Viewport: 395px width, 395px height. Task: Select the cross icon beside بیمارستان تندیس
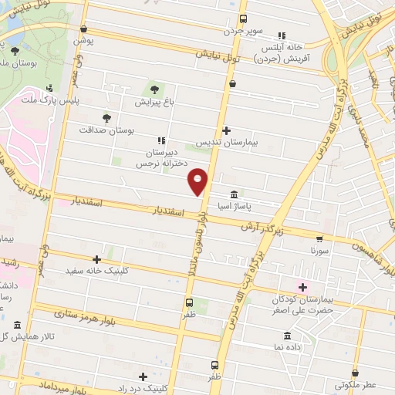pyautogui.click(x=225, y=130)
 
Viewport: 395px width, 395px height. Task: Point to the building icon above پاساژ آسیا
pyautogui.click(x=235, y=195)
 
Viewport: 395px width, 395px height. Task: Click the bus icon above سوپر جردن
pyautogui.click(x=244, y=19)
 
